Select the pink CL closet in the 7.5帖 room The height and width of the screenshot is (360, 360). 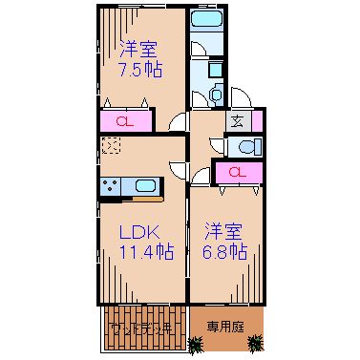(x=124, y=121)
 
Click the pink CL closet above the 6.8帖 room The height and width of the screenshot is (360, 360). (x=235, y=172)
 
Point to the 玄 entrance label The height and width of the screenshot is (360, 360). (x=236, y=121)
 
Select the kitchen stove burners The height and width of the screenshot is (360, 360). (x=108, y=185)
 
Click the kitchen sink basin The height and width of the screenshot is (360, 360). (x=145, y=185)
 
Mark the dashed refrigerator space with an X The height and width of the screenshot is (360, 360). (x=112, y=146)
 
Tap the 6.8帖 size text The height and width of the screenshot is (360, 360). (x=225, y=253)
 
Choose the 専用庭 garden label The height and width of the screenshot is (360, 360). (x=225, y=327)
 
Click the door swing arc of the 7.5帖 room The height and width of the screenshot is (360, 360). (x=178, y=120)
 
